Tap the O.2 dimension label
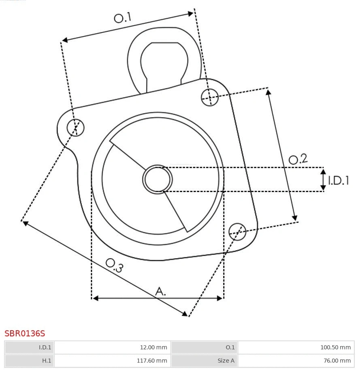[298, 159]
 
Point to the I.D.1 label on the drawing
[338, 180]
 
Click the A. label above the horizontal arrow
[161, 291]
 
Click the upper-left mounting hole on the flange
[76, 128]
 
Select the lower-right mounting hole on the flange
[237, 231]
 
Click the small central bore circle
[158, 179]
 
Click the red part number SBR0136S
[25, 334]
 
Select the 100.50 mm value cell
[296, 347]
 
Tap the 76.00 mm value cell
[296, 360]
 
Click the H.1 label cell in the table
[29, 360]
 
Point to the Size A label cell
[204, 360]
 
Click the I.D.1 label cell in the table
[29, 347]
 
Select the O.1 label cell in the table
[204, 347]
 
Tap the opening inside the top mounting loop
[164, 61]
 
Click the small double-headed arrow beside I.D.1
[323, 180]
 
